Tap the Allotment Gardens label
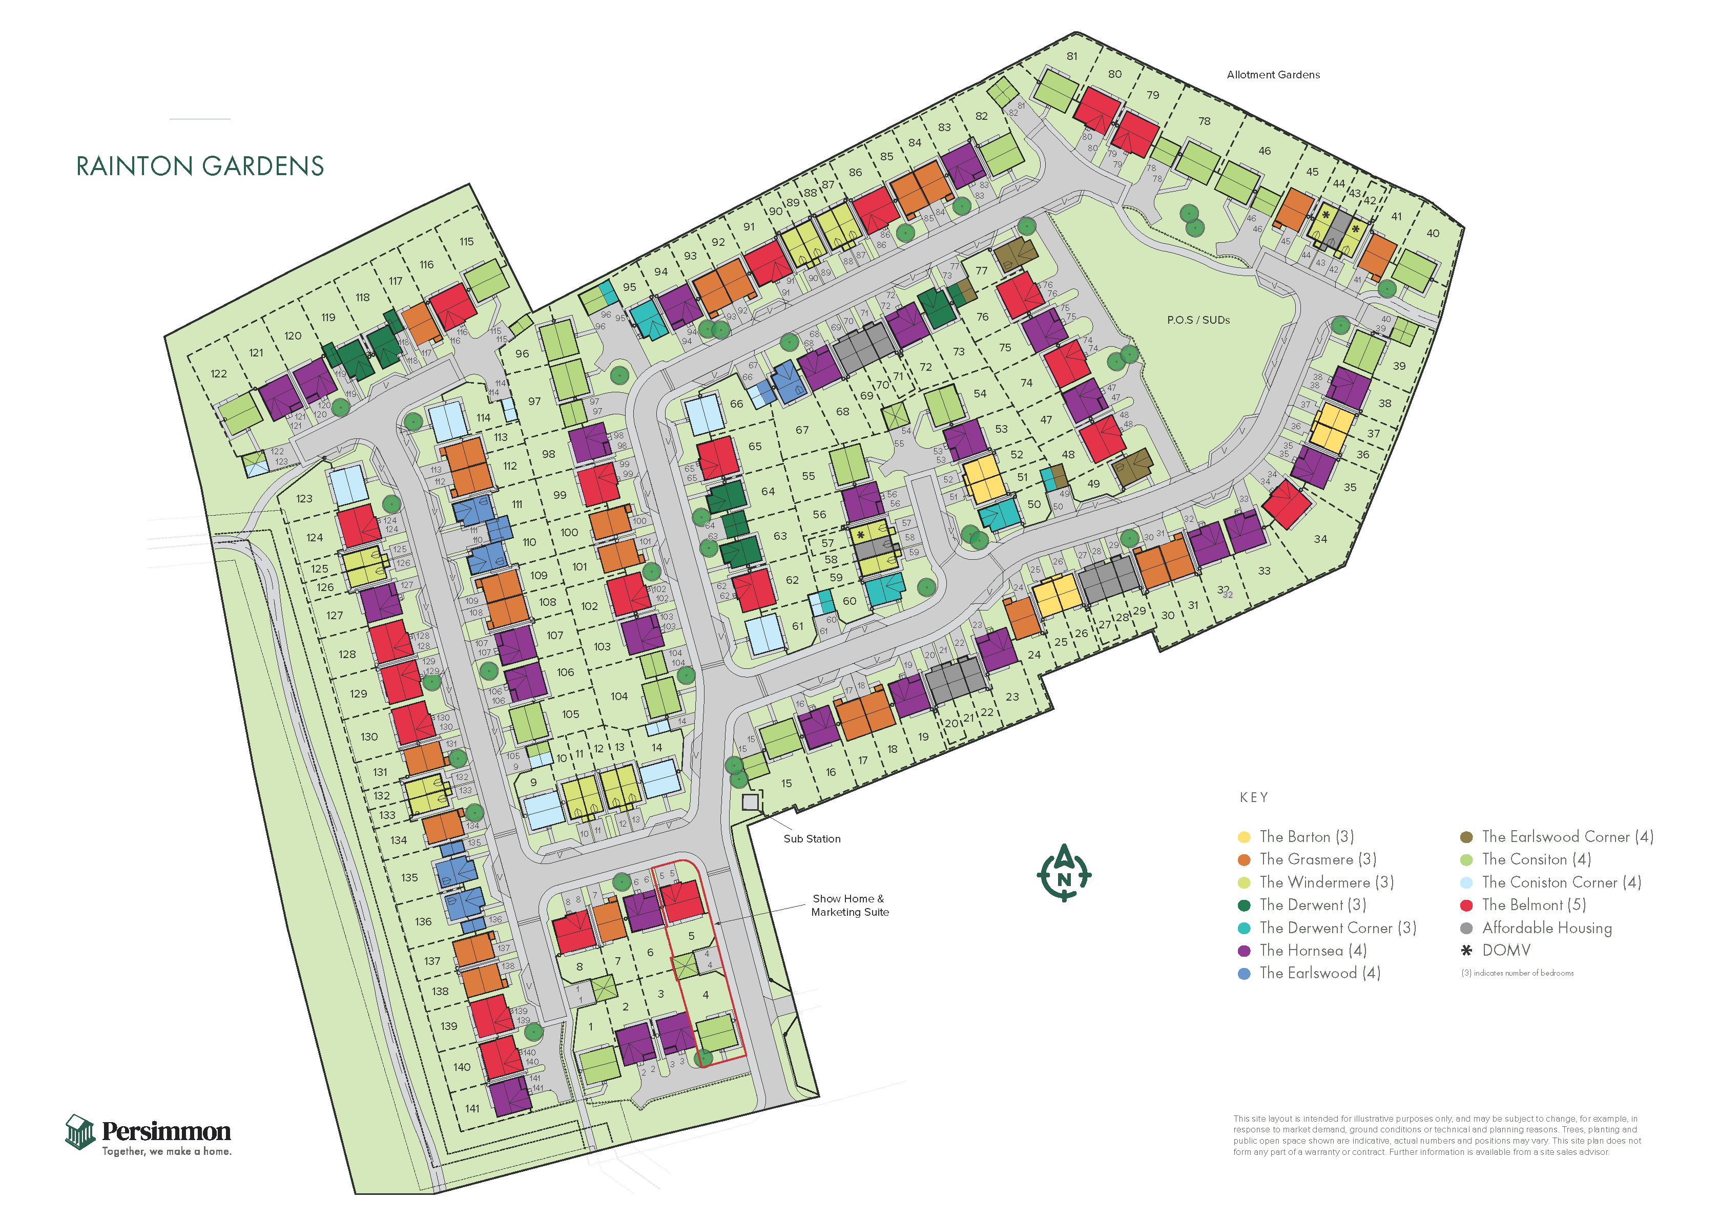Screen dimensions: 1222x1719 pyautogui.click(x=1273, y=74)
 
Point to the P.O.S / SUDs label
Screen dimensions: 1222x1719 pyautogui.click(x=1198, y=320)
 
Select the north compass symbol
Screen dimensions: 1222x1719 pyautogui.click(x=1064, y=873)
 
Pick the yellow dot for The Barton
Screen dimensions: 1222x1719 pyautogui.click(x=1244, y=837)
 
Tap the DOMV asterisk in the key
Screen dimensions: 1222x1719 pyautogui.click(x=1466, y=951)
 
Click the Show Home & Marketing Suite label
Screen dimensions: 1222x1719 pyautogui.click(x=849, y=905)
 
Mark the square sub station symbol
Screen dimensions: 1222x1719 pyautogui.click(x=751, y=802)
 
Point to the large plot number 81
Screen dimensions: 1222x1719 pyautogui.click(x=1072, y=56)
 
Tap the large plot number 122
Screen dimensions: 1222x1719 pyautogui.click(x=218, y=374)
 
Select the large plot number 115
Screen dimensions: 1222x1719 pyautogui.click(x=467, y=242)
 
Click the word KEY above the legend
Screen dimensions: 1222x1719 pyautogui.click(x=1254, y=797)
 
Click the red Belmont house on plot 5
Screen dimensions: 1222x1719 pyautogui.click(x=682, y=901)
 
